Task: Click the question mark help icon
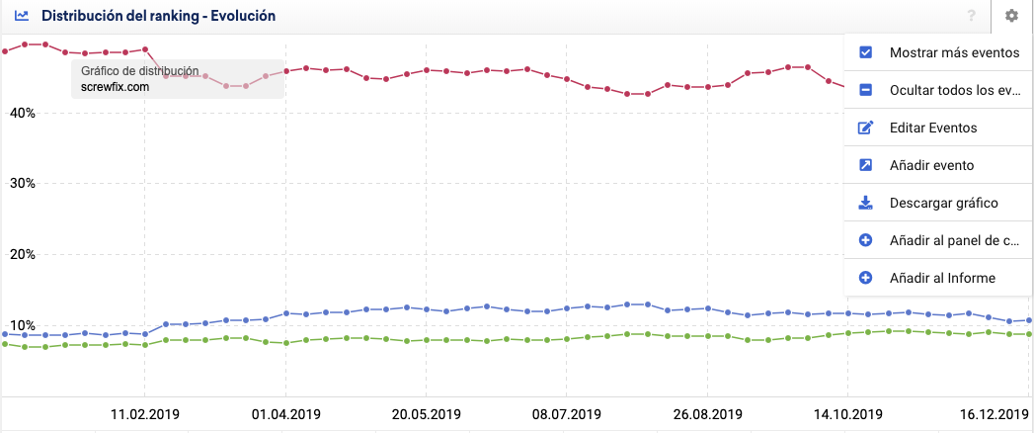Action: (x=972, y=16)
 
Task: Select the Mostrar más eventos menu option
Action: (x=953, y=52)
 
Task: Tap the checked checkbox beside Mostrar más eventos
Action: (x=865, y=52)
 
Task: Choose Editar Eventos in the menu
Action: (x=932, y=128)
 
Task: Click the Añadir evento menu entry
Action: (x=931, y=165)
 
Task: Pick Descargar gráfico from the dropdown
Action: (x=943, y=203)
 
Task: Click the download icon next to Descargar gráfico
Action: (x=865, y=203)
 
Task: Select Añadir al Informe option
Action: (x=941, y=278)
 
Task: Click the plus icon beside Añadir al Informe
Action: (x=865, y=278)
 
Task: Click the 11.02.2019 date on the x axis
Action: (x=144, y=414)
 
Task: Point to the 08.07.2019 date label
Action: (x=566, y=414)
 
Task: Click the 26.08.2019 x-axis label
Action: (x=706, y=414)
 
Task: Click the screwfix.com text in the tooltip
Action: (x=116, y=86)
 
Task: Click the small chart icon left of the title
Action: (x=21, y=16)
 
